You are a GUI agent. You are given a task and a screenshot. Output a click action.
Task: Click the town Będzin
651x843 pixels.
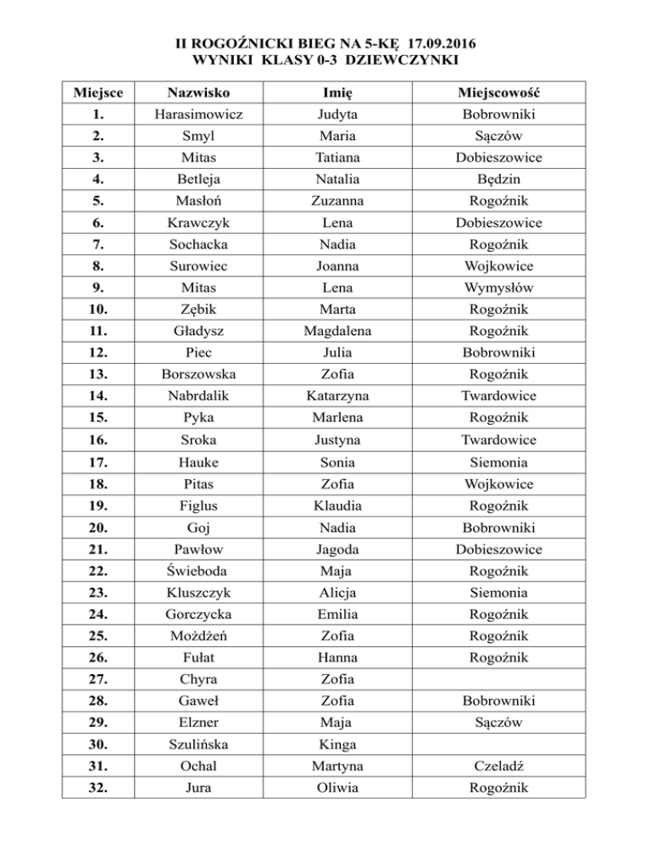tap(498, 180)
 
